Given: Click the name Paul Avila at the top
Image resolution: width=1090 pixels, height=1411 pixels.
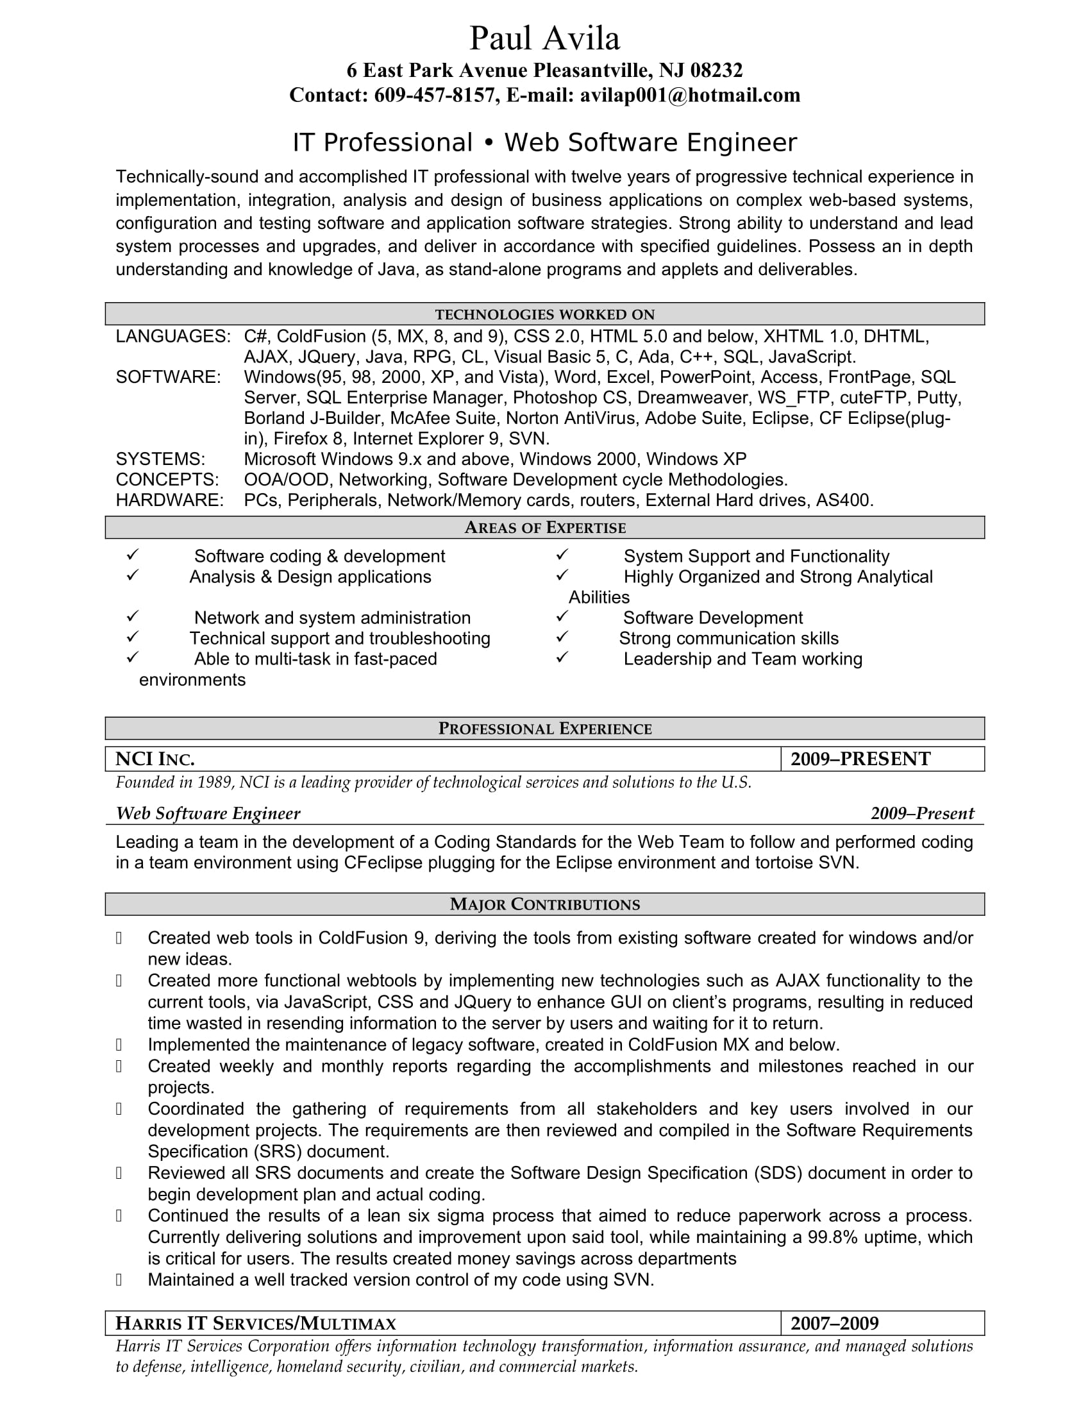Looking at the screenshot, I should click(x=544, y=38).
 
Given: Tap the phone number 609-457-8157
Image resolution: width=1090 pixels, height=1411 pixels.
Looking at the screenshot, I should click(x=435, y=96).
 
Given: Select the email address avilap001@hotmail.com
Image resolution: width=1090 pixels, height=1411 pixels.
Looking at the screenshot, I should click(x=690, y=96).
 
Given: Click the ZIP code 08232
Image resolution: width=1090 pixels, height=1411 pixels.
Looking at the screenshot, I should click(x=716, y=71).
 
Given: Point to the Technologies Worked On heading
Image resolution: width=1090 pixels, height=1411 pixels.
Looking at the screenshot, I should click(x=544, y=315).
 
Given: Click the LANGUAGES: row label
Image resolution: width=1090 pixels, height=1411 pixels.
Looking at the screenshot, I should click(x=172, y=337).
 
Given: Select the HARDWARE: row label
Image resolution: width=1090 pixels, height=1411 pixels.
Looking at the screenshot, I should click(x=169, y=500).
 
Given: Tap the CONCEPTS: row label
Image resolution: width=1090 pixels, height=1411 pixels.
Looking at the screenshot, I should click(x=167, y=479).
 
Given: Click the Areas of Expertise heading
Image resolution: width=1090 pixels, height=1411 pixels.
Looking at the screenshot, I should click(x=544, y=528).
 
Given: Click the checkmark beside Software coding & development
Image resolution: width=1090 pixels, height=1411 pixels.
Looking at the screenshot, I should click(x=132, y=555).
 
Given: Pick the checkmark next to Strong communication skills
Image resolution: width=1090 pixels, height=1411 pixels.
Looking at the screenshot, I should click(x=562, y=637).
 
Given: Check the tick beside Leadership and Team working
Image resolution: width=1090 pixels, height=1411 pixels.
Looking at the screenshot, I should click(x=562, y=657).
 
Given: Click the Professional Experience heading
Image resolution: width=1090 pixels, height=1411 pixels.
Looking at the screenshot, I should click(x=544, y=729).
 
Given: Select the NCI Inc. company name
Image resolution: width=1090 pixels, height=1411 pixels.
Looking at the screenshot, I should click(x=155, y=759).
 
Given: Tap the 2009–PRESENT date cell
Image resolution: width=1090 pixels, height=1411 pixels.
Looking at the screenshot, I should click(x=860, y=759).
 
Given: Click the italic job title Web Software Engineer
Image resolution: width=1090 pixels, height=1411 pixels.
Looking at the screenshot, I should click(x=208, y=813).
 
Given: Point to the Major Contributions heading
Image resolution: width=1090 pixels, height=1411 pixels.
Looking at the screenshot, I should click(x=544, y=904).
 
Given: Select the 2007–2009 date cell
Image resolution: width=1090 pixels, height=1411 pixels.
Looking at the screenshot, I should click(x=834, y=1324).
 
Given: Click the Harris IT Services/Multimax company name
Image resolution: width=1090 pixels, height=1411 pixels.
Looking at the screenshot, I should click(x=256, y=1324).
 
